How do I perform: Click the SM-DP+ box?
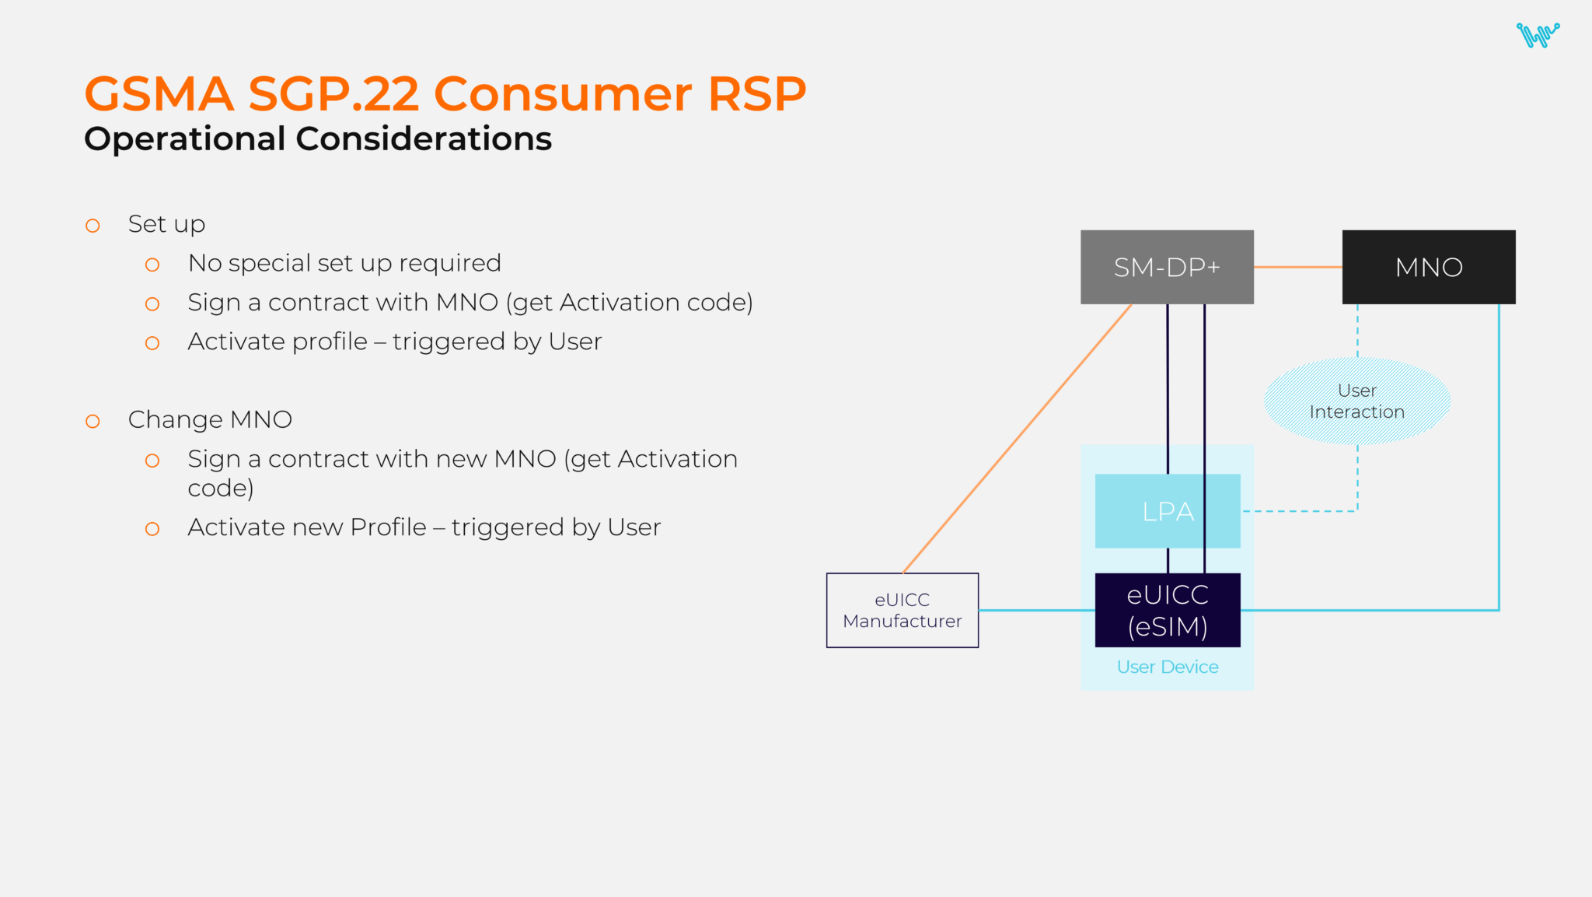1167,267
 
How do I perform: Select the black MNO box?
1428,267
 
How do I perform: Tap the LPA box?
1143,511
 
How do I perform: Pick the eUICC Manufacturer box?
902,611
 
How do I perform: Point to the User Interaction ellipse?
1356,401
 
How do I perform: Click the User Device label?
1167,667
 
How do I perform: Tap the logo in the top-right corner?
1537,35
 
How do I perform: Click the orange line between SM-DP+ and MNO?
1297,267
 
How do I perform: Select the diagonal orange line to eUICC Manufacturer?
1018,438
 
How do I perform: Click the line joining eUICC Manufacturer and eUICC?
1036,610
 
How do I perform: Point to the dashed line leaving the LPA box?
1298,511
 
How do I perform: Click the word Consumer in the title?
562,94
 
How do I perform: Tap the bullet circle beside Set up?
93,226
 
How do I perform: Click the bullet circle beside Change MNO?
93,422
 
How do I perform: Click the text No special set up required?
344,264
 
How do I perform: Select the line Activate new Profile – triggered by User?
424,527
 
